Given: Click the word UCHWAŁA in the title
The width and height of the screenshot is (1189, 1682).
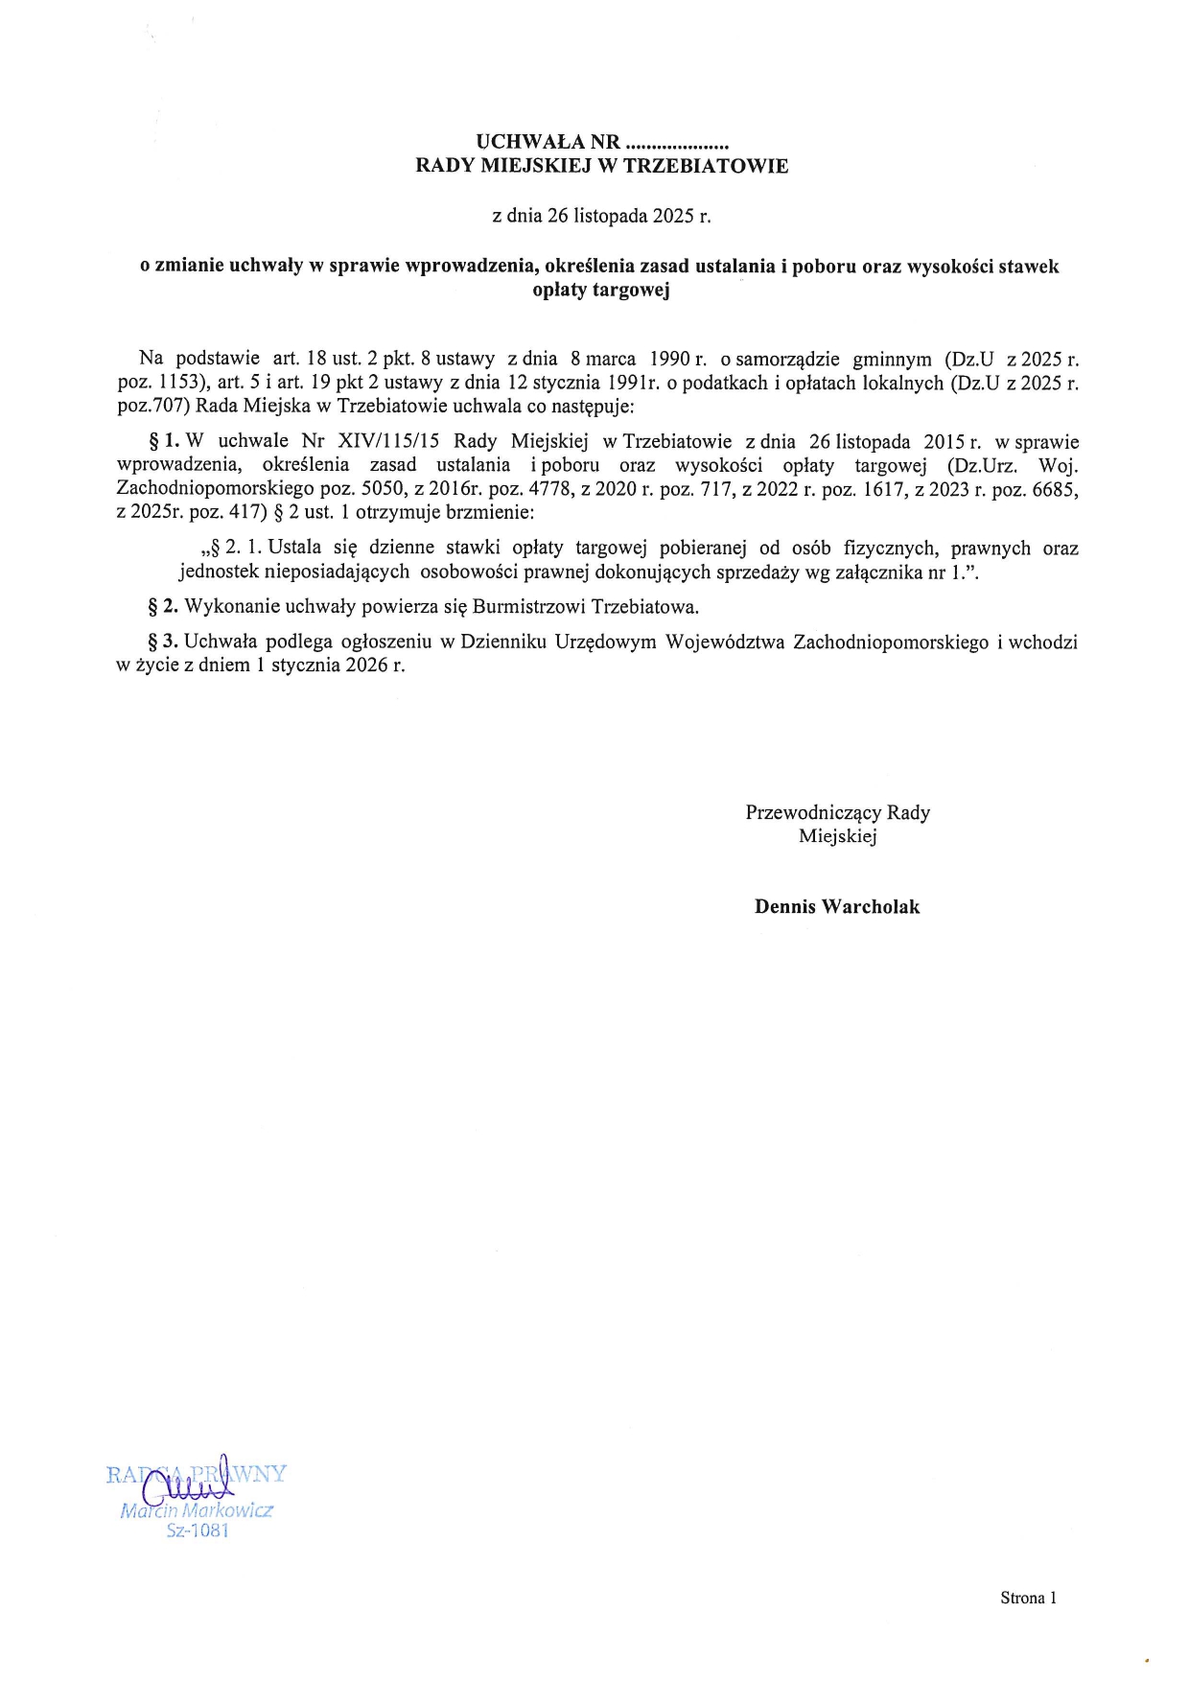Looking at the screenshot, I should pos(524,143).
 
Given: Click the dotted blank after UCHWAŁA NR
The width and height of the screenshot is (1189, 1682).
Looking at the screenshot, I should pos(677,144).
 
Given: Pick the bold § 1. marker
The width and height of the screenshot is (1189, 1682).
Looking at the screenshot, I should pos(163,442).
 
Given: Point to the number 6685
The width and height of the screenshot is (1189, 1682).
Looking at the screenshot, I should pos(1055,489).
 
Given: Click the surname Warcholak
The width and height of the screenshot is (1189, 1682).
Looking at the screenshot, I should pos(870,907).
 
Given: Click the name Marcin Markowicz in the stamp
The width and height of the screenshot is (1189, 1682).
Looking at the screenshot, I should pos(197,1510).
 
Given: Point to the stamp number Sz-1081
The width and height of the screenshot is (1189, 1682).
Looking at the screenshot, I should pos(198,1530).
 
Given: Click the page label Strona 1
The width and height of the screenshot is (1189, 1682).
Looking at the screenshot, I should pos(1028,1598).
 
